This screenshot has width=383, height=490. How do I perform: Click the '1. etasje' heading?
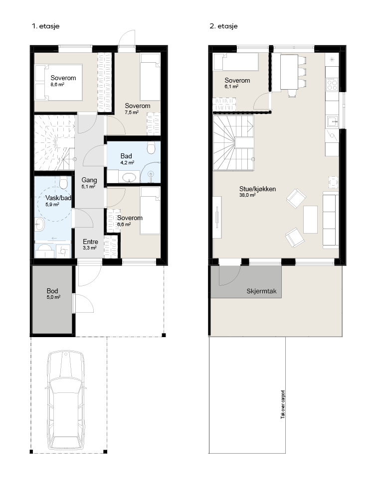46,26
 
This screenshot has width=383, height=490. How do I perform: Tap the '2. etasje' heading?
223,26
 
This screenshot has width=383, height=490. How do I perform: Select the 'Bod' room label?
52,291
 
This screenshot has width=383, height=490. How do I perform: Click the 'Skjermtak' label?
262,291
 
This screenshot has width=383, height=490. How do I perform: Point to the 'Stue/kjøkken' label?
257,189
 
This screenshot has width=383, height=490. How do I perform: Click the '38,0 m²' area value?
247,195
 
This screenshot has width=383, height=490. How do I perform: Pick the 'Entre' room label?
90,242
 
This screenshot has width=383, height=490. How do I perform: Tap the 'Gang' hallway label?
89,180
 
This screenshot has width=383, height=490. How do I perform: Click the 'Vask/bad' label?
58,198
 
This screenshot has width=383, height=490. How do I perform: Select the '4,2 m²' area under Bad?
127,162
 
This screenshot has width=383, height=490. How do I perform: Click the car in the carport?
66,401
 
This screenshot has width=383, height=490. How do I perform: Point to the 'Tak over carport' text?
283,404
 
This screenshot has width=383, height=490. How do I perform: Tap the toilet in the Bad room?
152,148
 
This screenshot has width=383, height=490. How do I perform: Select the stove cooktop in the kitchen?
332,84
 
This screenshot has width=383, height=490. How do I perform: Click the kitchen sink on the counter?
333,121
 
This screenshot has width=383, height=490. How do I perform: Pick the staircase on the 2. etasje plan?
233,143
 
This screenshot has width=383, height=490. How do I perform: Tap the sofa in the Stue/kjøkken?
331,221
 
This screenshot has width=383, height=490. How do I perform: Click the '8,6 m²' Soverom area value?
57,84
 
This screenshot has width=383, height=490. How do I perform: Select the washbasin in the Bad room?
129,177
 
